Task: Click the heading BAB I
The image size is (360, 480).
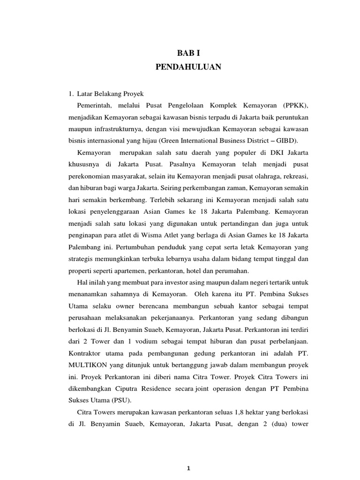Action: tap(188, 53)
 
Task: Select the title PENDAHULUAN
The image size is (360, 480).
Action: tap(188, 67)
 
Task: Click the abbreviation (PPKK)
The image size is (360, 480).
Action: tap(295, 105)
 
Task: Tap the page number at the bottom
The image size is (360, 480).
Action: tap(187, 468)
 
